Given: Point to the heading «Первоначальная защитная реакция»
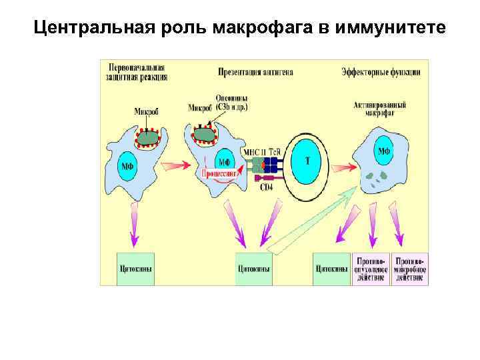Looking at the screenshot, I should coord(133,72).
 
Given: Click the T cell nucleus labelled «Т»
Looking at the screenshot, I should coord(307,161).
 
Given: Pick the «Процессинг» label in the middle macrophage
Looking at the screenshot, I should coord(220,173).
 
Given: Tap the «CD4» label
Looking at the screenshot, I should coord(265,187).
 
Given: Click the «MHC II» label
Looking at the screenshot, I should coord(254,151).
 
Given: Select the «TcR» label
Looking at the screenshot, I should coord(275,151).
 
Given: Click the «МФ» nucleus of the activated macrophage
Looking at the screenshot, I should coord(384,151).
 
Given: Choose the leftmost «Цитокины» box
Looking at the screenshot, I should coord(135,269).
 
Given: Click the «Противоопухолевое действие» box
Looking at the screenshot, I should coord(371,269).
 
